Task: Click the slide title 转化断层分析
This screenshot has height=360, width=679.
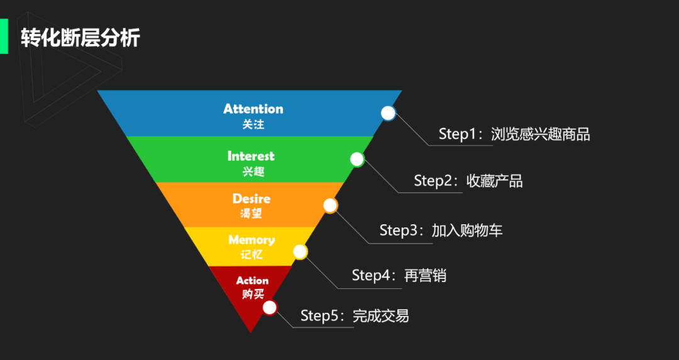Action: [80, 38]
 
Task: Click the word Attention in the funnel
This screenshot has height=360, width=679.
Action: [253, 109]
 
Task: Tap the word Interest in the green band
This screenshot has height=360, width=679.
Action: [251, 156]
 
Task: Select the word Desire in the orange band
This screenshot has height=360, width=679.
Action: [251, 199]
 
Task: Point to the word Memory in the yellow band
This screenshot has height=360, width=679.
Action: [251, 240]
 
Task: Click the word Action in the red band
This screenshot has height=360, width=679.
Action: [252, 280]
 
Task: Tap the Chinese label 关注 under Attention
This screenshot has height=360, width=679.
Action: [253, 124]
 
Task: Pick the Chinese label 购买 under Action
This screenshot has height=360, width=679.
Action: [253, 294]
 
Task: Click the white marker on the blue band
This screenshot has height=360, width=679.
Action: [389, 113]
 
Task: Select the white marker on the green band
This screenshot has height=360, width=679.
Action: [356, 159]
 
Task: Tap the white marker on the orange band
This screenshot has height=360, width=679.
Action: [330, 205]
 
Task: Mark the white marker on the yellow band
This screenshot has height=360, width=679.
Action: [301, 252]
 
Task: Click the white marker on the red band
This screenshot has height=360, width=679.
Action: [270, 307]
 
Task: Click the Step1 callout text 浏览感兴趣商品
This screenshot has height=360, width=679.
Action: [540, 134]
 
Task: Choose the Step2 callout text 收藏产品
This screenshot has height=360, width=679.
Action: [495, 181]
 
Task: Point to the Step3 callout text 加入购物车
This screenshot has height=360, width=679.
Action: [467, 231]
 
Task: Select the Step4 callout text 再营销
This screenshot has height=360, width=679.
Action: [425, 275]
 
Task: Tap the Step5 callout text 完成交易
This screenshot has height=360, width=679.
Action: [380, 315]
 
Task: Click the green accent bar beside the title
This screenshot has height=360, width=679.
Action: [4, 36]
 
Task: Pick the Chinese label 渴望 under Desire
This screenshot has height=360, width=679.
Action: [251, 214]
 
